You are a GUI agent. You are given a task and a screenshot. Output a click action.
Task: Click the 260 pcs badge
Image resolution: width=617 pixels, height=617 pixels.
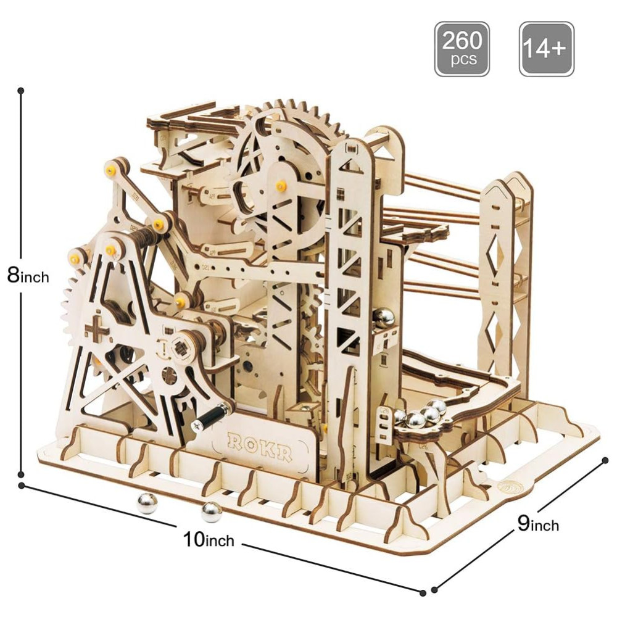click(x=462, y=49)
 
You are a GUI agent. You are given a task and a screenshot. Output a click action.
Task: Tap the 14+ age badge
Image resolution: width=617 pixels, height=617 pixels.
click(x=546, y=49)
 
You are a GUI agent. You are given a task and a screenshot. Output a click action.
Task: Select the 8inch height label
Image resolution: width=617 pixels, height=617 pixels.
click(x=28, y=275)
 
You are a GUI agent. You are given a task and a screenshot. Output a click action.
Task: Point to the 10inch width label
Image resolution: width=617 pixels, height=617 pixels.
click(x=209, y=539)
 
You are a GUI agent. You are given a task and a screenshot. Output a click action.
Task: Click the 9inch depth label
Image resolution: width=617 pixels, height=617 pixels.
click(x=538, y=524)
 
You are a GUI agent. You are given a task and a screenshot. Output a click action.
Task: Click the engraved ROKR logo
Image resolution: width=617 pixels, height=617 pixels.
click(x=260, y=447)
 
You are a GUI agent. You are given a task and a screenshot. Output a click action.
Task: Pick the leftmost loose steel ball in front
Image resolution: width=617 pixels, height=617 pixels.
click(x=147, y=503)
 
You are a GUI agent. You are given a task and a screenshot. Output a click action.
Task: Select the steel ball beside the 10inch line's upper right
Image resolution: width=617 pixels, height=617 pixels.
click(x=211, y=512)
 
